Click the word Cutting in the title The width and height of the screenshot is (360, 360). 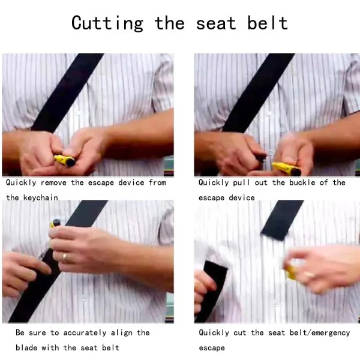(x=107, y=23)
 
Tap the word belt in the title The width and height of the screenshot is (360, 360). (x=268, y=23)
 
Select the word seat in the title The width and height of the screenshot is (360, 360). (x=216, y=23)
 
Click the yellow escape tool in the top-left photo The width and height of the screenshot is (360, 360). (x=65, y=160)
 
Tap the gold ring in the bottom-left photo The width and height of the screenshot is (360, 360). (x=65, y=257)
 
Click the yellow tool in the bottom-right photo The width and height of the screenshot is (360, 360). (x=290, y=272)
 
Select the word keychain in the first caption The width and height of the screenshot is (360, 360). (x=41, y=197)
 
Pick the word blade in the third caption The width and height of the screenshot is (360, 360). (x=26, y=347)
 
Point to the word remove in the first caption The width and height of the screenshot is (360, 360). (x=54, y=183)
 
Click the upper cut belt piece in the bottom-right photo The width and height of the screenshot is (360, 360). (x=282, y=220)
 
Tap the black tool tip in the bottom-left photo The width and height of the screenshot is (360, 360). (x=56, y=222)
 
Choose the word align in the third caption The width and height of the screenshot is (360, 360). (x=122, y=333)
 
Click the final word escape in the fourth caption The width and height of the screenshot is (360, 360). (x=212, y=348)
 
